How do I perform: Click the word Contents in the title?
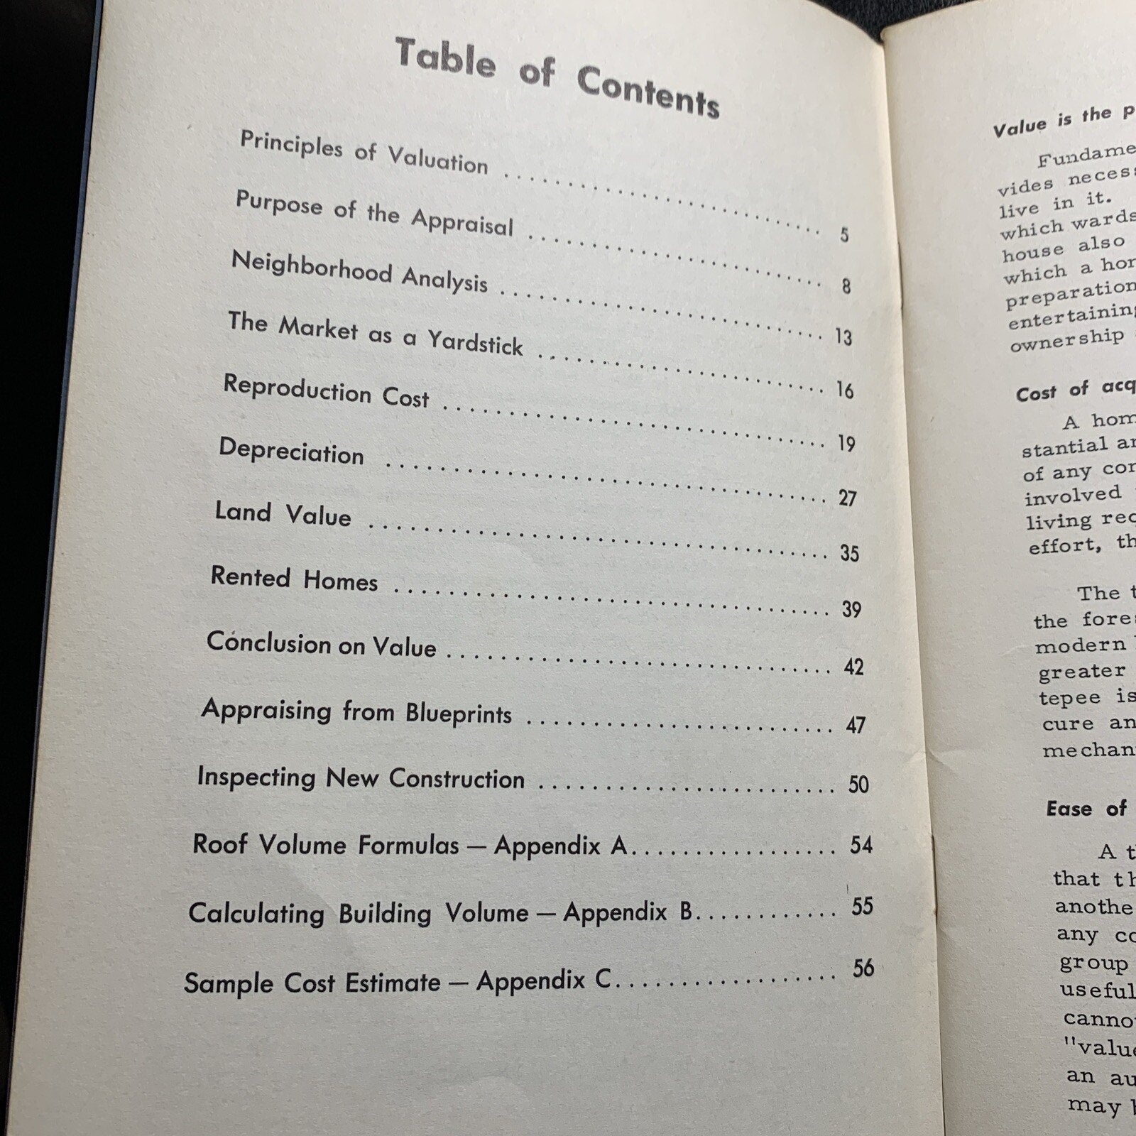pos(648,91)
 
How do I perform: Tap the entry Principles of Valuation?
pos(364,151)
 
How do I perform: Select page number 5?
pos(844,234)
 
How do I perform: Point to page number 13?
pos(843,337)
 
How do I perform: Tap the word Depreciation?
pos(291,452)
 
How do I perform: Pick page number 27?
pos(847,498)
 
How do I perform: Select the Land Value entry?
pos(283,513)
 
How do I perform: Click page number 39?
pos(851,609)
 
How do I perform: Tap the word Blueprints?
pos(459,713)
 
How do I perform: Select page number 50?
pos(858,784)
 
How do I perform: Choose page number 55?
pos(862,906)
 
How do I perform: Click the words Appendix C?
pos(543,981)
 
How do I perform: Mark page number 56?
pos(863,968)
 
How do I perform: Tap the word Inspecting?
pos(256,776)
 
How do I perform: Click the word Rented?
pos(251,576)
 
